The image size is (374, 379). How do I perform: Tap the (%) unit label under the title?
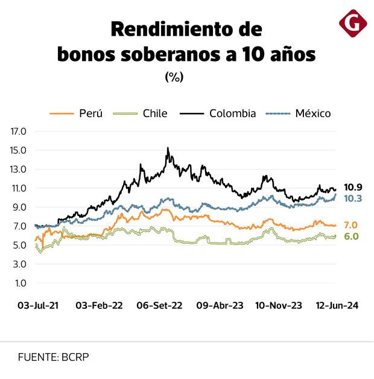click(174, 77)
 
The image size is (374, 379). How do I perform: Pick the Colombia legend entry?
click(232, 113)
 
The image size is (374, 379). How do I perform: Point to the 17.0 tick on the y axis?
click(19, 131)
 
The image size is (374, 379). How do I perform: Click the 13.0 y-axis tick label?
click(19, 169)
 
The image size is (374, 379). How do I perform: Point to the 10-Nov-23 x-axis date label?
click(279, 306)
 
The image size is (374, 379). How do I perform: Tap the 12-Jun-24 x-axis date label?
click(338, 306)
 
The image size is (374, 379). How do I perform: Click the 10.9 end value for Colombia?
click(353, 188)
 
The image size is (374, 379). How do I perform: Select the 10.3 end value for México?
click(353, 199)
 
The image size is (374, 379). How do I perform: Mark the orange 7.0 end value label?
click(351, 225)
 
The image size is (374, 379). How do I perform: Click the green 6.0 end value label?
click(351, 237)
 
